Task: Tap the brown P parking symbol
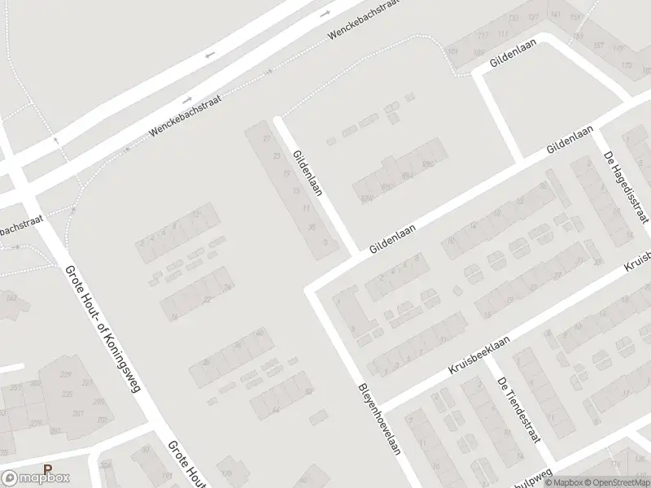[x=47, y=469]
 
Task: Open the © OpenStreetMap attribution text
[x=617, y=481]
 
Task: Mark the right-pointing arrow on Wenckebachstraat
[x=325, y=15]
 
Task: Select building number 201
[x=79, y=415]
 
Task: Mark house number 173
[x=625, y=63]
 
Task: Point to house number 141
[x=556, y=14]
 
